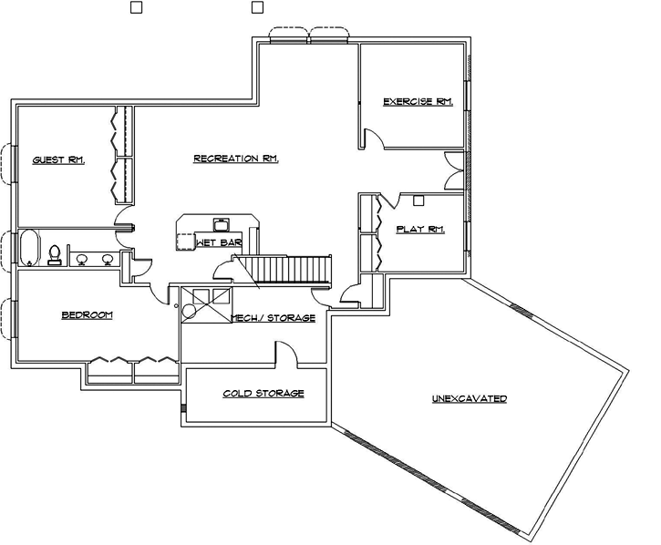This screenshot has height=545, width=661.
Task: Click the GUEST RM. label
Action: [x=58, y=160]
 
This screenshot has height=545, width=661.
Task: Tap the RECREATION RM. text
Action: [x=236, y=159]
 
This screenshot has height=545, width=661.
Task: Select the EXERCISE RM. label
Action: [x=418, y=101]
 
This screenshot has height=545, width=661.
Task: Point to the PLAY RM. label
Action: [x=420, y=230]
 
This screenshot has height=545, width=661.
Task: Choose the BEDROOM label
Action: [x=87, y=315]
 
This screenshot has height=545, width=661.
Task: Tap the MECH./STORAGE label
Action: [x=273, y=318]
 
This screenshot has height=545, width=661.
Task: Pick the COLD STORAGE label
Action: [x=263, y=394]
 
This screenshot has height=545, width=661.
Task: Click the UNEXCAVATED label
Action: [x=470, y=399]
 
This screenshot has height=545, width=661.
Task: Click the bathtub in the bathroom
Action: [x=29, y=248]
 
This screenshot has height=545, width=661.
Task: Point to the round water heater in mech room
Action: [x=190, y=312]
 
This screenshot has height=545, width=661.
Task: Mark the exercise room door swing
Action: [x=373, y=139]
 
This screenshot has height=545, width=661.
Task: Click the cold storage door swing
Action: [x=284, y=353]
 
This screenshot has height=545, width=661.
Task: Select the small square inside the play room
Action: [x=418, y=200]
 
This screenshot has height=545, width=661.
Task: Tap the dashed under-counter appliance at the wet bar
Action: [x=185, y=242]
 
